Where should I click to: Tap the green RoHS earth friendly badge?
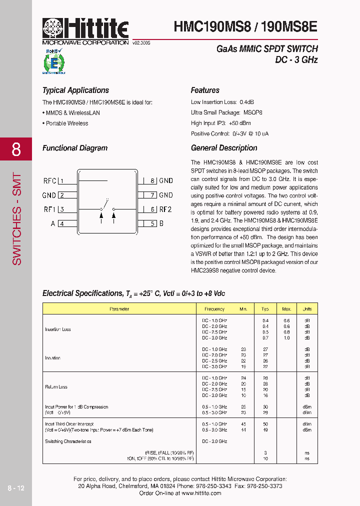(x=53, y=62)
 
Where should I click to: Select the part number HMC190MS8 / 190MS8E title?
(x=245, y=26)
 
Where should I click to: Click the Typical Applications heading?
(x=75, y=90)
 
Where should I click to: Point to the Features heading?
(x=205, y=90)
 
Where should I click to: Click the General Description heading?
(x=224, y=148)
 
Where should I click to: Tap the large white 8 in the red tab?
(x=16, y=149)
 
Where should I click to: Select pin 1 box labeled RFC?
(x=61, y=181)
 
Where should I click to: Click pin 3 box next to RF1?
(x=61, y=209)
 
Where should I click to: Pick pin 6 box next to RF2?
(x=153, y=209)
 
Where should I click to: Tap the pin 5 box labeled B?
(x=153, y=223)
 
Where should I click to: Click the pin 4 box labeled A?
(x=61, y=223)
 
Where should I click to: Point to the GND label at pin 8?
(x=166, y=181)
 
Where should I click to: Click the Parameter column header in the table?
(x=119, y=309)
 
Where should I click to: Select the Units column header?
(x=307, y=309)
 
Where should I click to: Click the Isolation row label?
(x=53, y=358)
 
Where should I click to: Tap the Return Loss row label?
(x=56, y=386)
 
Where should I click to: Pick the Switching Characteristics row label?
(x=68, y=441)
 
